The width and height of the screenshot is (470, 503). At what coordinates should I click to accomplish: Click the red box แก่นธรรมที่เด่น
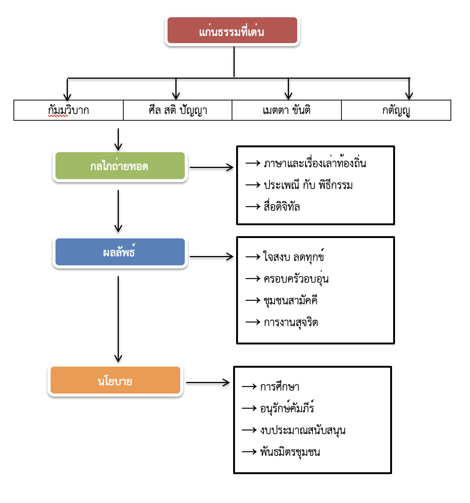(232, 30)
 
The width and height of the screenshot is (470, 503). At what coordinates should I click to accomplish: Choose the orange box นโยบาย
(115, 380)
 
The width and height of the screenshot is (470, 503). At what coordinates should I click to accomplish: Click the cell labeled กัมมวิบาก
(69, 110)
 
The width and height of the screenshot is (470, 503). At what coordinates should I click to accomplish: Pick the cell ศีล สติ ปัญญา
(178, 110)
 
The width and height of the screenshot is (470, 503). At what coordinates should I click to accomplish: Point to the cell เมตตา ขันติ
(287, 110)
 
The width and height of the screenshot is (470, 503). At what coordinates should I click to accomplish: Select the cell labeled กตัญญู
(396, 110)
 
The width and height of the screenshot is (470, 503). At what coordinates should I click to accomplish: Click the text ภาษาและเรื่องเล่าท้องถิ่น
(315, 163)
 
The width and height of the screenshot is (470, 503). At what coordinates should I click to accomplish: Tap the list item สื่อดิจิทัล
(282, 207)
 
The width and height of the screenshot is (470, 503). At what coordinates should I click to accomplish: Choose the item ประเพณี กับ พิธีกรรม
(308, 185)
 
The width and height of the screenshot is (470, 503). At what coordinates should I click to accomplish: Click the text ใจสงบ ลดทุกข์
(294, 257)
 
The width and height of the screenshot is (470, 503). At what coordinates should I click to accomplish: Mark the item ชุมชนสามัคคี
(291, 301)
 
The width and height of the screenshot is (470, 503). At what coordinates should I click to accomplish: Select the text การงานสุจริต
(291, 322)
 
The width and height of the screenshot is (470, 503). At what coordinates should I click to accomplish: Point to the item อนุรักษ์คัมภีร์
(287, 408)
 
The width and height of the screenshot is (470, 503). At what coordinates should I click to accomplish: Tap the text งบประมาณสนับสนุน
(303, 430)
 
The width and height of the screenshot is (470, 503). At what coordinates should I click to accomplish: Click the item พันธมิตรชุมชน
(290, 452)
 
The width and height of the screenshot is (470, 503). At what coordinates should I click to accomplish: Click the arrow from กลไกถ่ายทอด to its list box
(211, 168)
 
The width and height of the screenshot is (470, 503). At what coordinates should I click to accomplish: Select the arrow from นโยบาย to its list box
(208, 383)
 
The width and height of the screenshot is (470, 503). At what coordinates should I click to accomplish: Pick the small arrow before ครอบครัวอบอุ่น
(253, 278)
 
